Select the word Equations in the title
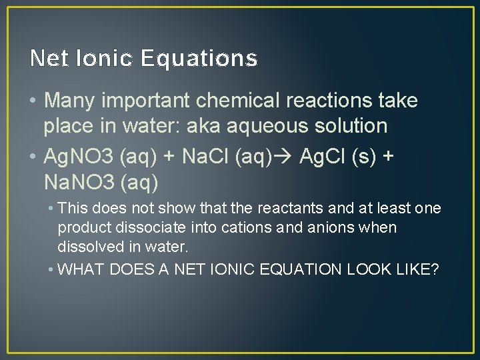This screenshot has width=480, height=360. [199, 59]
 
